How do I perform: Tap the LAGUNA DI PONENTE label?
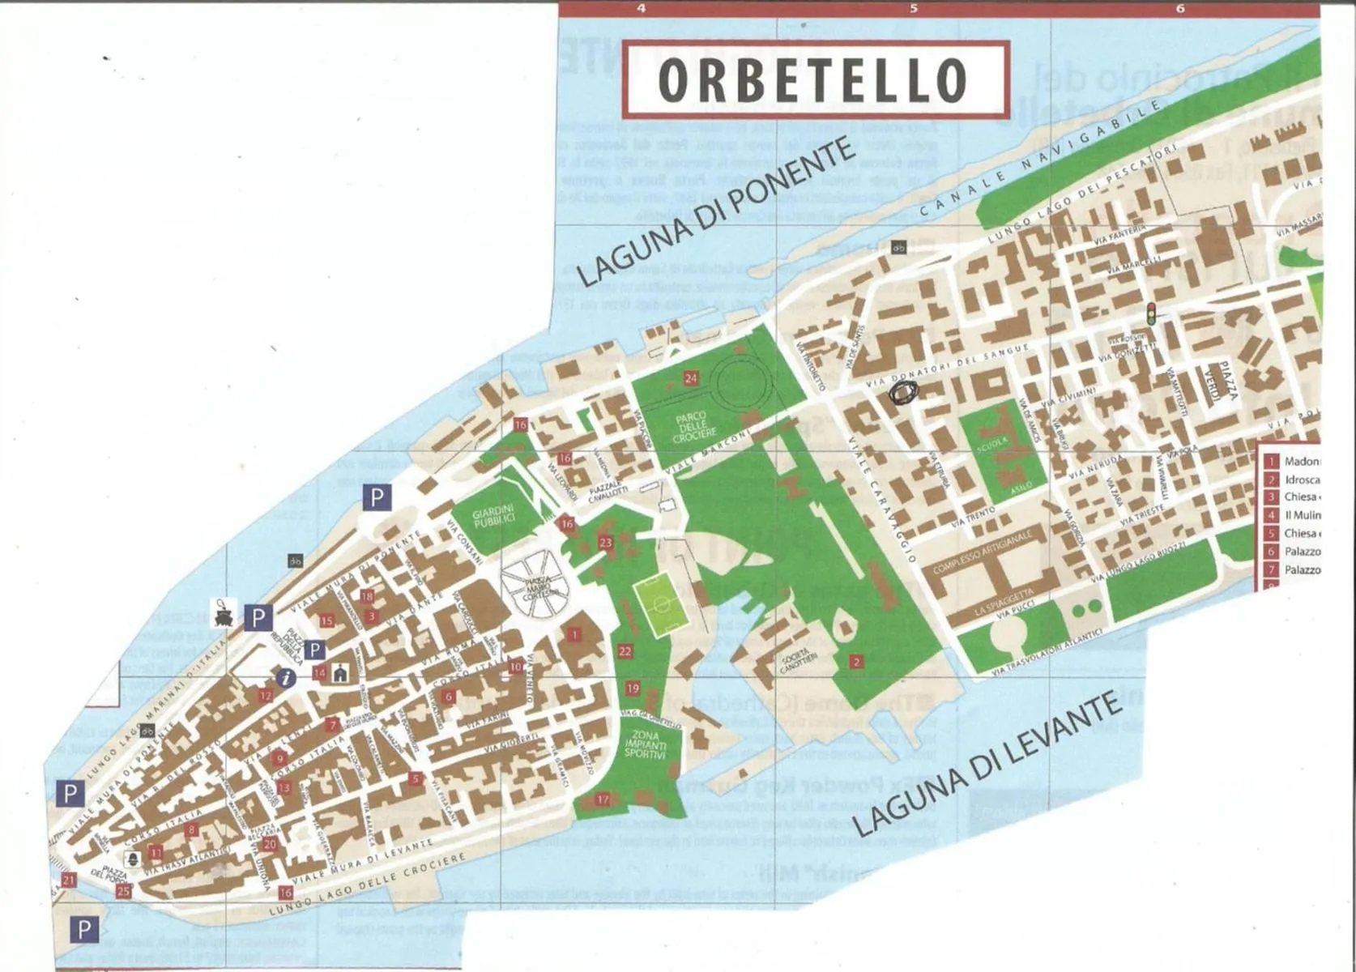click(717, 212)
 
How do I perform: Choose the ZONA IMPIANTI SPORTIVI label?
click(645, 744)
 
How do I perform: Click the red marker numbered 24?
click(691, 377)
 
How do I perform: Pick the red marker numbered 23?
click(605, 543)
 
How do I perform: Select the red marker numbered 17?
click(602, 799)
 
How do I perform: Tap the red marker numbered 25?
click(123, 891)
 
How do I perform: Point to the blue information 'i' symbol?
click(284, 678)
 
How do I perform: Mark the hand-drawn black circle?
click(903, 393)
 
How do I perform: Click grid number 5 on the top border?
click(914, 9)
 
